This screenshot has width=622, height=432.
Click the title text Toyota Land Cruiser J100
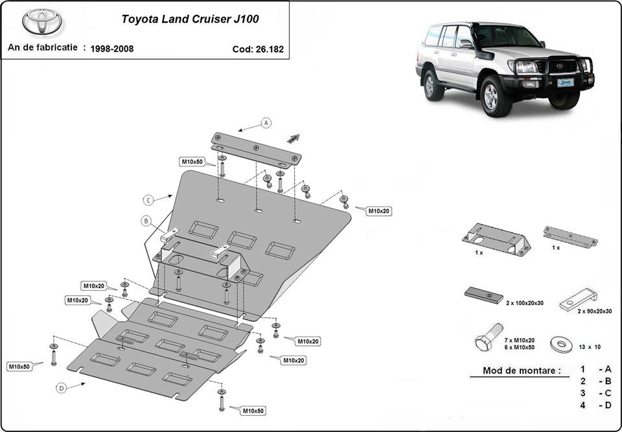pos(190,19)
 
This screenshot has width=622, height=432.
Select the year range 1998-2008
pos(112,49)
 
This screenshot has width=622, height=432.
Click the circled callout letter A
pos(266,122)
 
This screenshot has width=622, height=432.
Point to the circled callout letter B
pos(147,221)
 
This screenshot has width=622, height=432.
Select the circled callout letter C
pos(148,199)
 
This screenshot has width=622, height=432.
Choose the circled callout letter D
pos(61,388)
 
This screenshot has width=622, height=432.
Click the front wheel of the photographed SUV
pos(491,96)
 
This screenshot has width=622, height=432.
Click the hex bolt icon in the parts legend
pos(489,341)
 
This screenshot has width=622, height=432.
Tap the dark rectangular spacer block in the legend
pos(483,295)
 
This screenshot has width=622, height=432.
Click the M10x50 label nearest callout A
pos(192,161)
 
